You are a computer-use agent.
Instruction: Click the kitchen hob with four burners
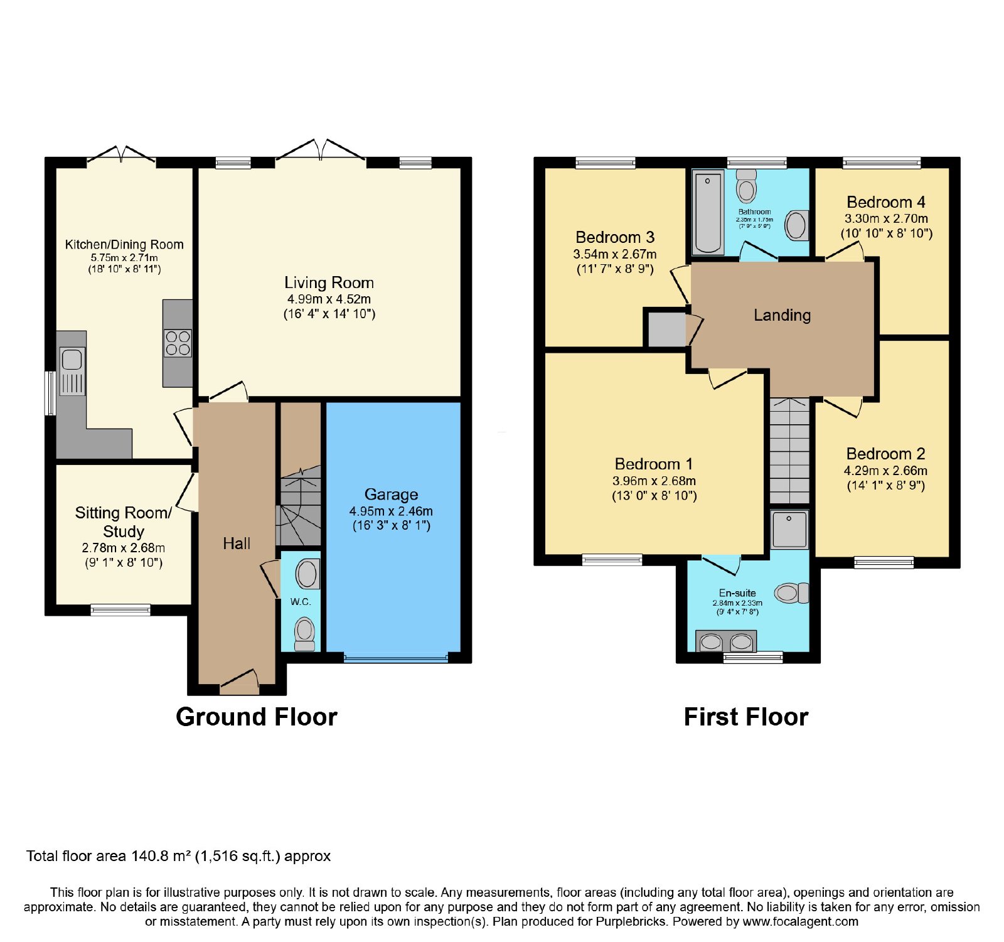tap(178, 343)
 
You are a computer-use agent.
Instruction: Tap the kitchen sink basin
tap(72, 360)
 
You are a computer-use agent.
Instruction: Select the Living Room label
tap(329, 282)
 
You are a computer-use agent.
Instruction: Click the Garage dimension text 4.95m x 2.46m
tap(391, 511)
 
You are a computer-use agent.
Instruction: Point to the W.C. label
tap(301, 601)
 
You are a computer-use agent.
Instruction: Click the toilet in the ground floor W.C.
tap(305, 634)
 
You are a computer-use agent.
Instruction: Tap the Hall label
tap(237, 543)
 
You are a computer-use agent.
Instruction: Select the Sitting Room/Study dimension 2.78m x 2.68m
tap(124, 548)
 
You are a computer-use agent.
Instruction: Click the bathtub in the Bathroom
tap(708, 212)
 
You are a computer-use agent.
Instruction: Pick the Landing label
tap(782, 315)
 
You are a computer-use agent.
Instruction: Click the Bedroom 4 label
tap(885, 202)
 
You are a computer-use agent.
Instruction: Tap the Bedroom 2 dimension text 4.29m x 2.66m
tap(885, 471)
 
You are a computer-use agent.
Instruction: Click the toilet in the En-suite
tap(792, 592)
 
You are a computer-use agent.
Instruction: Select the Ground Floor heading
tap(257, 717)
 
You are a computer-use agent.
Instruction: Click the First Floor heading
tap(746, 717)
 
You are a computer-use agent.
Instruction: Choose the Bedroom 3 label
tap(615, 237)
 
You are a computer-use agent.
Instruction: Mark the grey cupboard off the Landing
tap(666, 328)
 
